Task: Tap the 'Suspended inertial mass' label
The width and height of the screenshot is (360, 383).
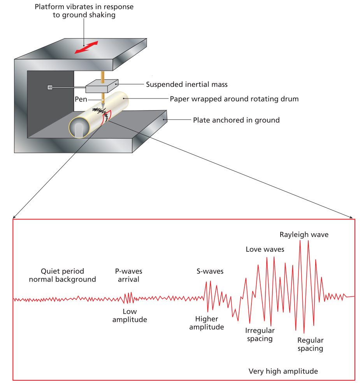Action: coord(186,84)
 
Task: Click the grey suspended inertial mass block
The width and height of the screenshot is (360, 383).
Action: coord(102,86)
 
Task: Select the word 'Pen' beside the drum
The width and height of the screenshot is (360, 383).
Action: coord(81,99)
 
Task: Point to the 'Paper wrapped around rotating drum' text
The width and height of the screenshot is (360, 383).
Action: coord(234,99)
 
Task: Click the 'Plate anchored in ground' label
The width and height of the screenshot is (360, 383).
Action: coord(236,120)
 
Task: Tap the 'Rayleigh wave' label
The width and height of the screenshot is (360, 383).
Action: coord(304,235)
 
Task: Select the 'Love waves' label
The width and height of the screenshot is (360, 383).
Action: coord(265,249)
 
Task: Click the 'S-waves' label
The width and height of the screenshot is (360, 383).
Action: coord(210,271)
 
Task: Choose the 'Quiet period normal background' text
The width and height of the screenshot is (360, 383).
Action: coord(62,275)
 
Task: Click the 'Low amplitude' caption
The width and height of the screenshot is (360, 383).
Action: coord(130,316)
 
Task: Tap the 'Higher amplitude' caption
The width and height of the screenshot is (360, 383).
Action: coord(207,323)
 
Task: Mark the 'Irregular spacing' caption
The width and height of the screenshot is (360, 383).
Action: coord(260,335)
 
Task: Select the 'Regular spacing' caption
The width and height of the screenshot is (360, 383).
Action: coord(311,344)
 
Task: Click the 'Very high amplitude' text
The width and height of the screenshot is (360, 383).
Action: coord(283,371)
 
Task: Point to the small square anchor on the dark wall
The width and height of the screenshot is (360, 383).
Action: coord(49,87)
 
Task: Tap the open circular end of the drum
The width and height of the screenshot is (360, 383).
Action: coord(79,128)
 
